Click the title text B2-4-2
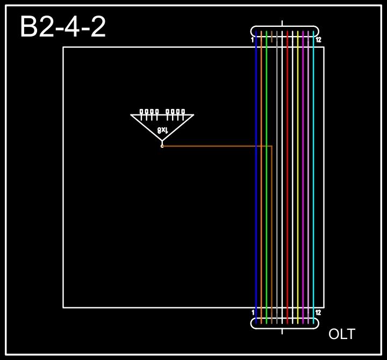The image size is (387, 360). coord(63,27)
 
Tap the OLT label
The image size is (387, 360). coord(341,334)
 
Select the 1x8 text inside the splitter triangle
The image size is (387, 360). coord(163,130)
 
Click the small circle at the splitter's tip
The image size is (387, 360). coord(162,146)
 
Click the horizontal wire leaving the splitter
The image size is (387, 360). coord(215,146)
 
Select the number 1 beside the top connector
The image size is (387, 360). coord(252,40)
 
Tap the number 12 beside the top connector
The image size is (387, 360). coord(318,40)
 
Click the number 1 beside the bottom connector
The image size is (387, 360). coord(253,312)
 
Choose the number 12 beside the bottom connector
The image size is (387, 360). coord(318,312)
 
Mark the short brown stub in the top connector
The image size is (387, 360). coord(272,37)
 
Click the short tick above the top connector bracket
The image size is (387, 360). coord(282,23)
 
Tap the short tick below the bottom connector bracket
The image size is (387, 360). coord(282,331)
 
